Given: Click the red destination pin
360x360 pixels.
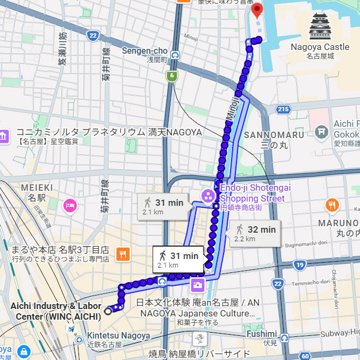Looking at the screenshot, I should pos(257,10).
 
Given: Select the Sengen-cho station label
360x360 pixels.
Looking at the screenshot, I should pos(145,51).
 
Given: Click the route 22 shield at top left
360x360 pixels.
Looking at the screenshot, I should pos(93,36).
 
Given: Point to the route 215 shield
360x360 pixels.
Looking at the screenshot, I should pos(284,110).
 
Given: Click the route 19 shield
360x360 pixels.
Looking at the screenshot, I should pos(300,265).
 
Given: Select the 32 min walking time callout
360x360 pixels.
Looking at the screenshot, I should pos(255,233).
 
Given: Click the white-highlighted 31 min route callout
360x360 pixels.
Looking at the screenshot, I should pos(177,259).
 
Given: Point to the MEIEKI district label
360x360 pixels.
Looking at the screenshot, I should pos(37,188).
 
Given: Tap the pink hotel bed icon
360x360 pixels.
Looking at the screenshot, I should pos(69,205).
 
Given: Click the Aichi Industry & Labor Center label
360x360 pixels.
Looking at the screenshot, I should pos(56,311).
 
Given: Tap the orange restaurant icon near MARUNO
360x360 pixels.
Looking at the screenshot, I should pos(332,205).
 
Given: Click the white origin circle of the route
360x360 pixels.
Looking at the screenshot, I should pos(108,311).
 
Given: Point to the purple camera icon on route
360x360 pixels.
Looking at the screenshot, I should pos(198,284).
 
